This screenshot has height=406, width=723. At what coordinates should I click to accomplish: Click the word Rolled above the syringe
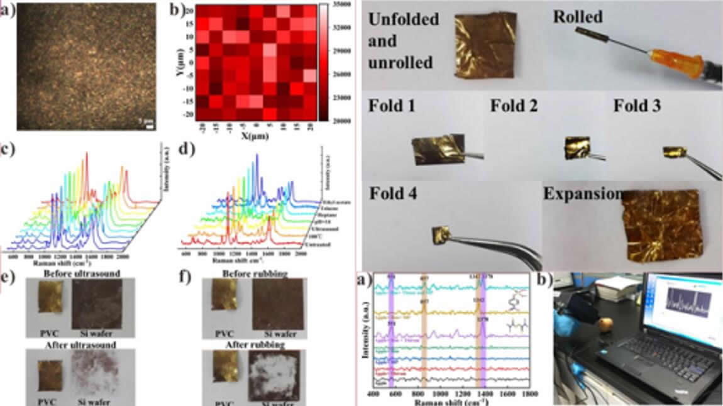click(577, 16)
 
